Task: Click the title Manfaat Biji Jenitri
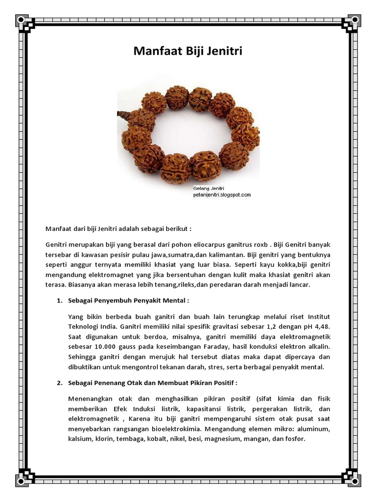(188, 52)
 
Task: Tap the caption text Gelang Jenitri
(209, 188)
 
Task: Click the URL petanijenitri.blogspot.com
(222, 195)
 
